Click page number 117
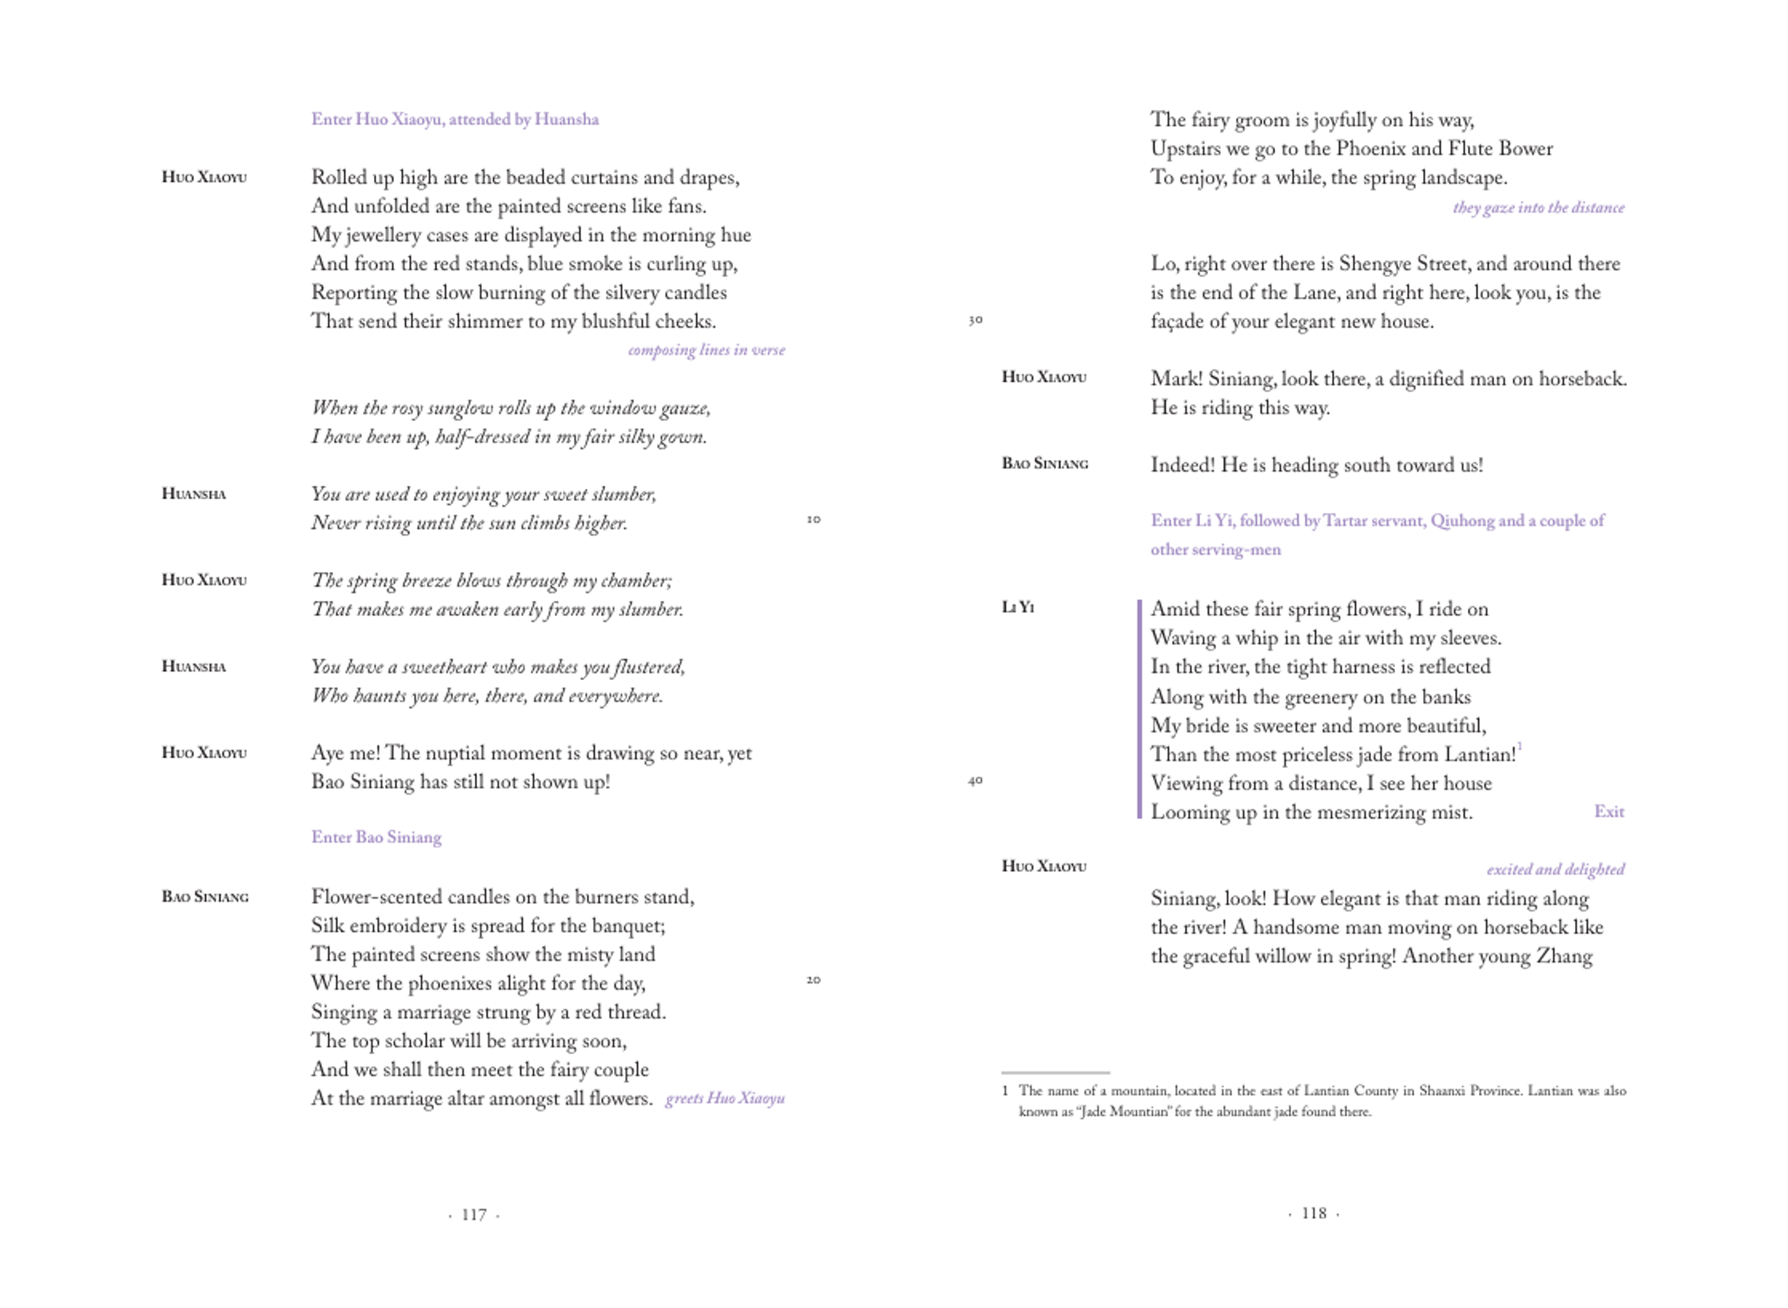[474, 1214]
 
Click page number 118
[1314, 1213]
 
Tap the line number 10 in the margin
[813, 520]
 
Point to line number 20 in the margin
[813, 980]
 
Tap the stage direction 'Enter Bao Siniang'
[376, 837]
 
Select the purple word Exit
[1608, 812]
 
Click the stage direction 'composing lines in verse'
[706, 350]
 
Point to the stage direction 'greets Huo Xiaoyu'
[725, 1098]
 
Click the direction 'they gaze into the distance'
[1538, 208]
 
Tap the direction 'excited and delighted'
[1555, 869]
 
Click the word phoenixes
[447, 984]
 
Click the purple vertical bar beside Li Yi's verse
[1139, 709]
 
